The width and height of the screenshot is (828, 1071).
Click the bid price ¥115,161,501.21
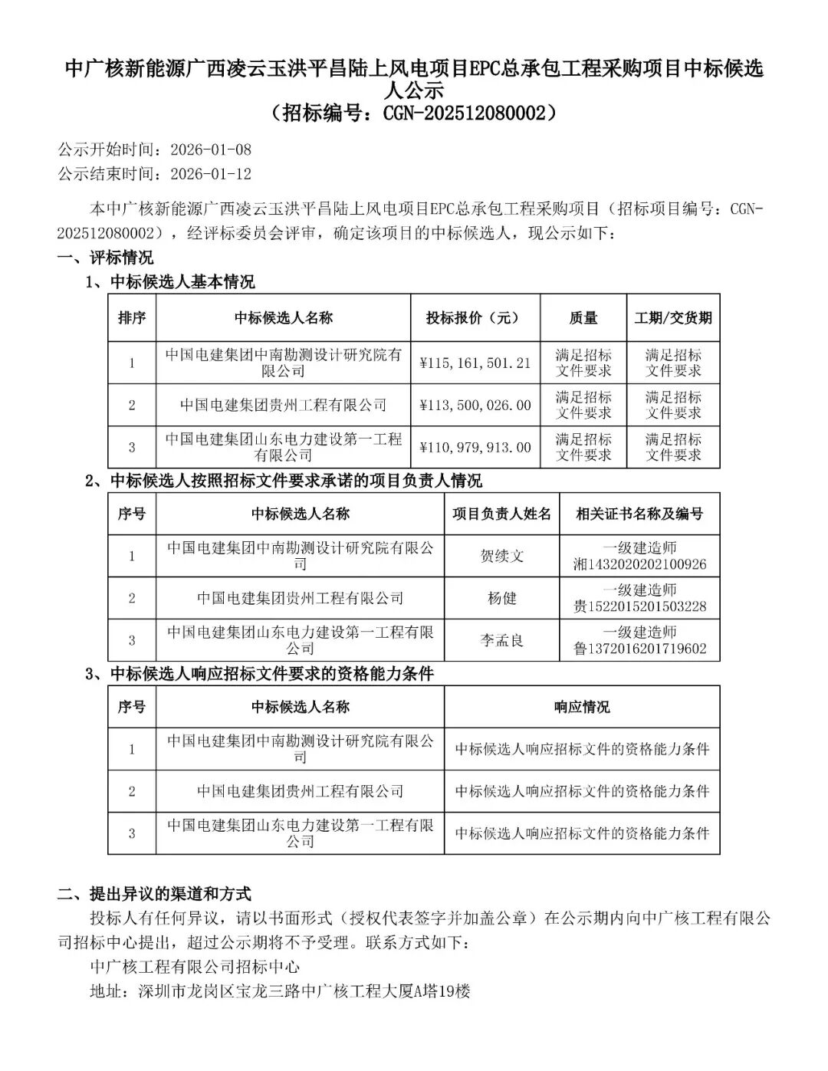[x=475, y=363]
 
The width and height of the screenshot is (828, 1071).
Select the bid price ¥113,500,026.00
[x=475, y=405]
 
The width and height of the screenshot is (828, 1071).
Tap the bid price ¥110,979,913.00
[x=475, y=447]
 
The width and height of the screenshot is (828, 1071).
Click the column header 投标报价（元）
[x=475, y=317]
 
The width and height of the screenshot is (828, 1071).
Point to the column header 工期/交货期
[x=673, y=317]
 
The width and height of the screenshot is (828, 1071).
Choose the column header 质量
[x=583, y=317]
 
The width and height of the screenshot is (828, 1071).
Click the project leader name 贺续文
[x=502, y=556]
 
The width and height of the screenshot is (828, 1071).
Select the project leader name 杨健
[x=502, y=598]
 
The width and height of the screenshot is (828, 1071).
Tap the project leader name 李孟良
[x=502, y=640]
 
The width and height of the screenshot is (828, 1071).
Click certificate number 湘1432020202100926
[x=640, y=565]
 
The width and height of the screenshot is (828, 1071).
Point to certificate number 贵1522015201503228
[x=640, y=607]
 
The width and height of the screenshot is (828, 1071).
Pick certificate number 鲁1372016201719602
[x=640, y=649]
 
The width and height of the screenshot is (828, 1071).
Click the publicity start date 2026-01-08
[x=211, y=149]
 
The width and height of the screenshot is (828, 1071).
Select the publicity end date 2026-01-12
[x=211, y=174]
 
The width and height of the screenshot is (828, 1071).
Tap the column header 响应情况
[x=582, y=707]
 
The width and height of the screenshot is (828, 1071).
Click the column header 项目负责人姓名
[x=502, y=514]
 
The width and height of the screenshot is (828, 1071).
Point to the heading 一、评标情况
[x=106, y=258]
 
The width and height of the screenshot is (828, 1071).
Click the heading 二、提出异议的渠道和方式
[x=155, y=894]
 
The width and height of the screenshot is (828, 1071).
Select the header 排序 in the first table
[x=132, y=317]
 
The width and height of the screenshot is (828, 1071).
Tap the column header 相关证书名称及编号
[x=640, y=514]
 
